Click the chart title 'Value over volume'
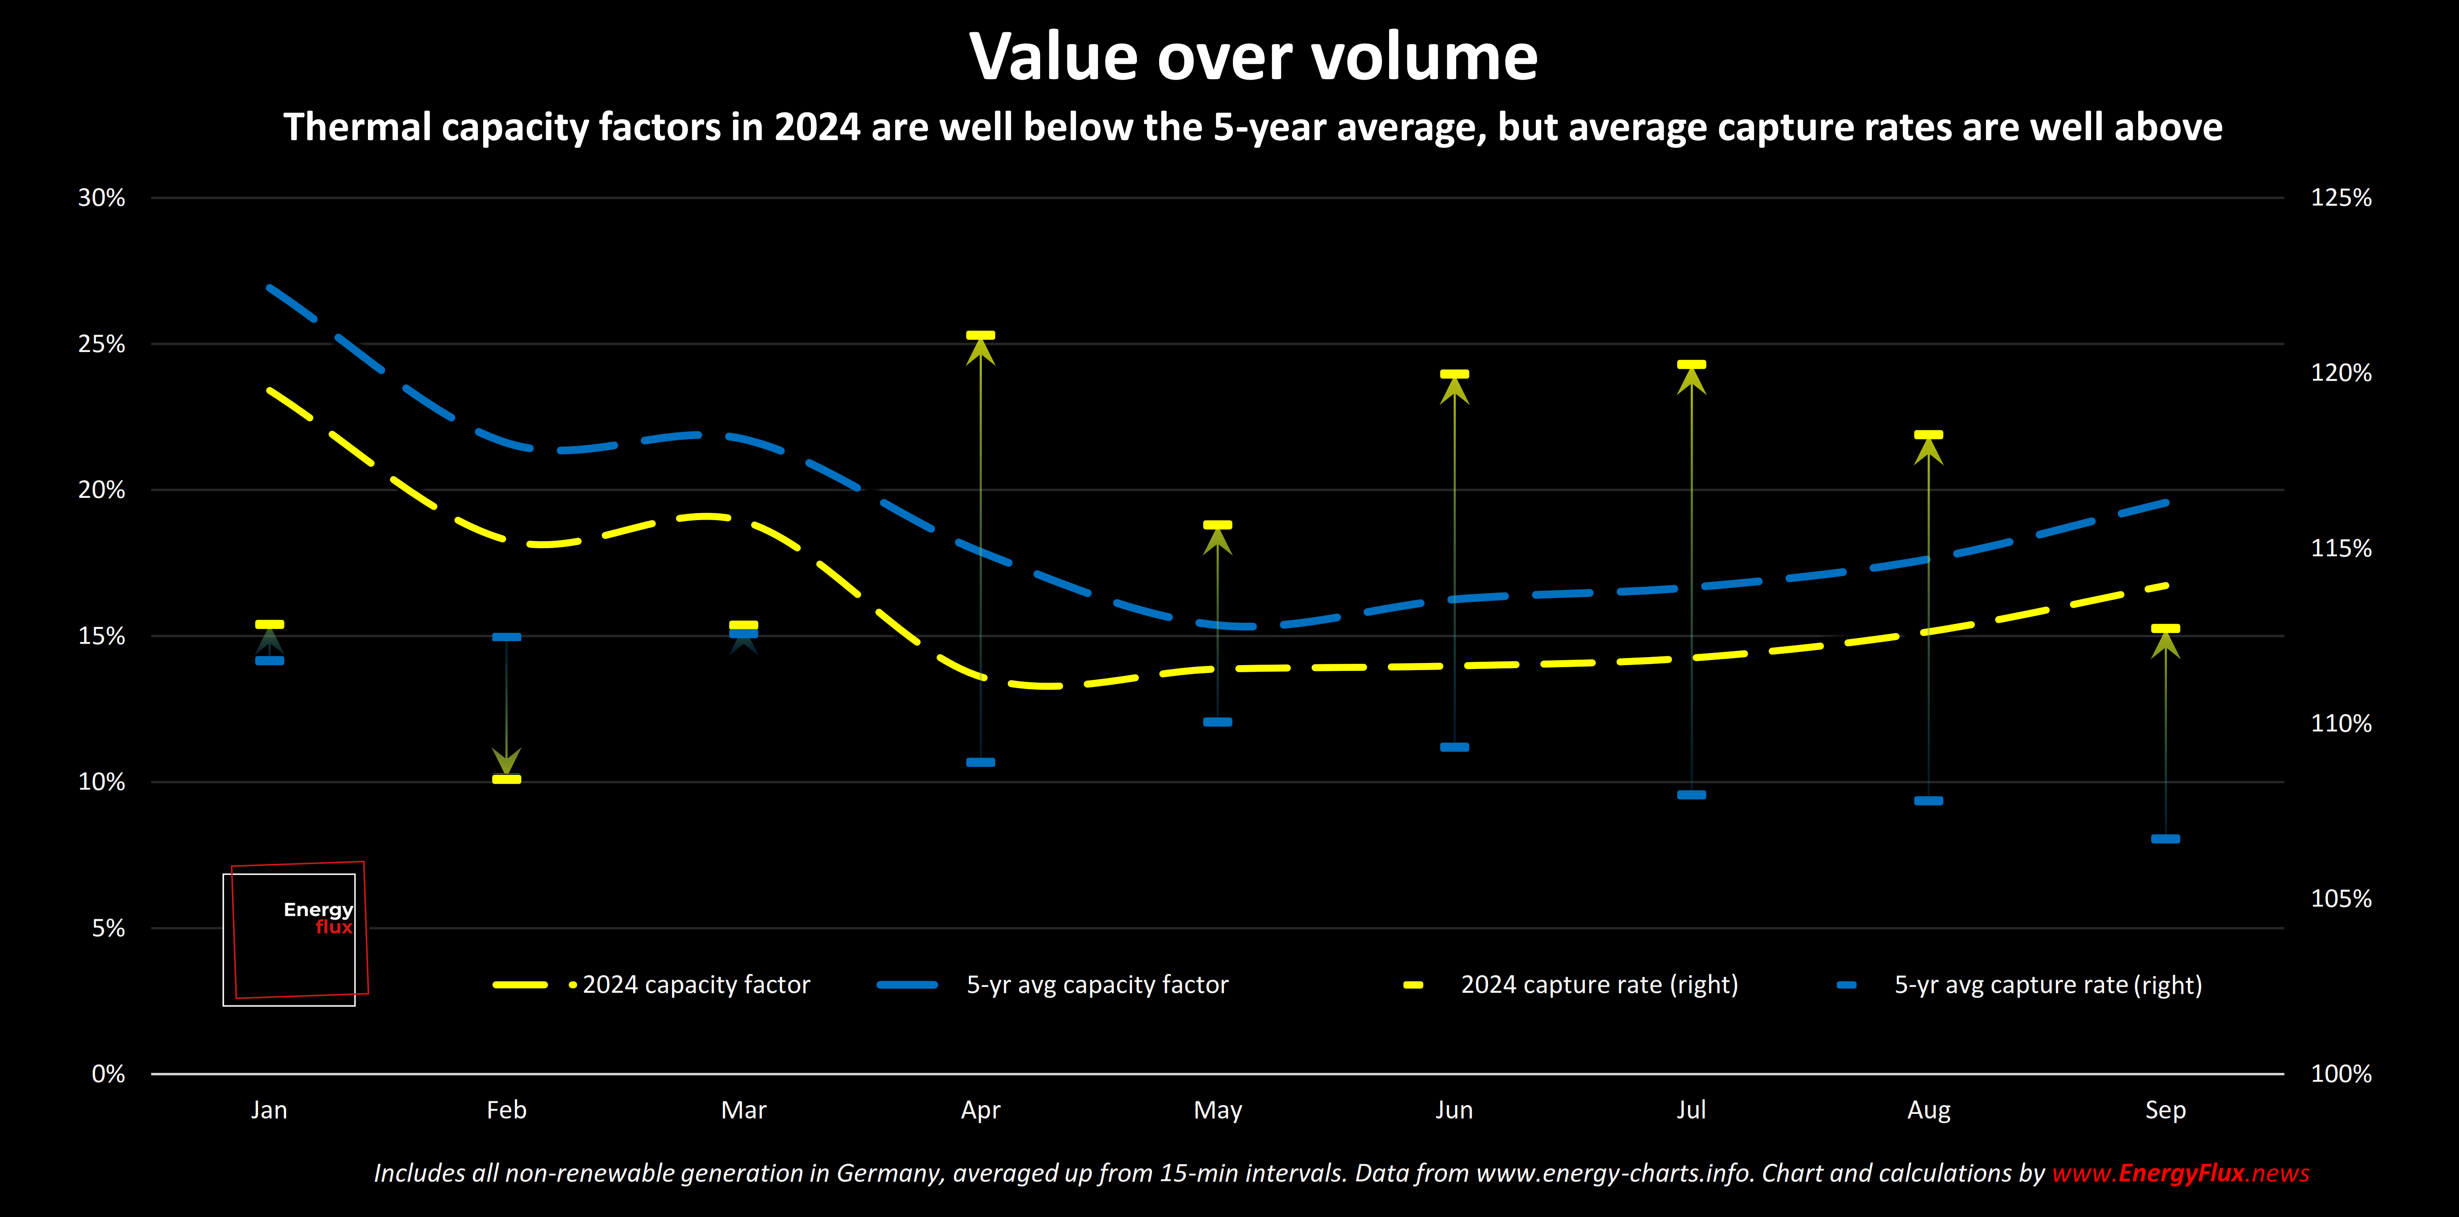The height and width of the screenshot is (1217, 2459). (x=1253, y=57)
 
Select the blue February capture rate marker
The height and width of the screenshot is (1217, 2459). (x=506, y=637)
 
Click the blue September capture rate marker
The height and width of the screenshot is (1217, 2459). (x=2165, y=839)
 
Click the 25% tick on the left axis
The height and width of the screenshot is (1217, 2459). (x=101, y=344)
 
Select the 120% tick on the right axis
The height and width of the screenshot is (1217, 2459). (x=2341, y=373)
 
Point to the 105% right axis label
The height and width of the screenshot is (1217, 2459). (x=2341, y=899)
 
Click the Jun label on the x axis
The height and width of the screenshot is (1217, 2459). (x=1454, y=1110)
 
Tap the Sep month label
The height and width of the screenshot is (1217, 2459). (x=2165, y=1110)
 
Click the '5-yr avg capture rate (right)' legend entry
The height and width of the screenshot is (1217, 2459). (x=2047, y=985)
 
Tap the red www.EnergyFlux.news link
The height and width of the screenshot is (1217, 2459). (x=2180, y=1173)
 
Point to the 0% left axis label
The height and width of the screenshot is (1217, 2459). (x=108, y=1075)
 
